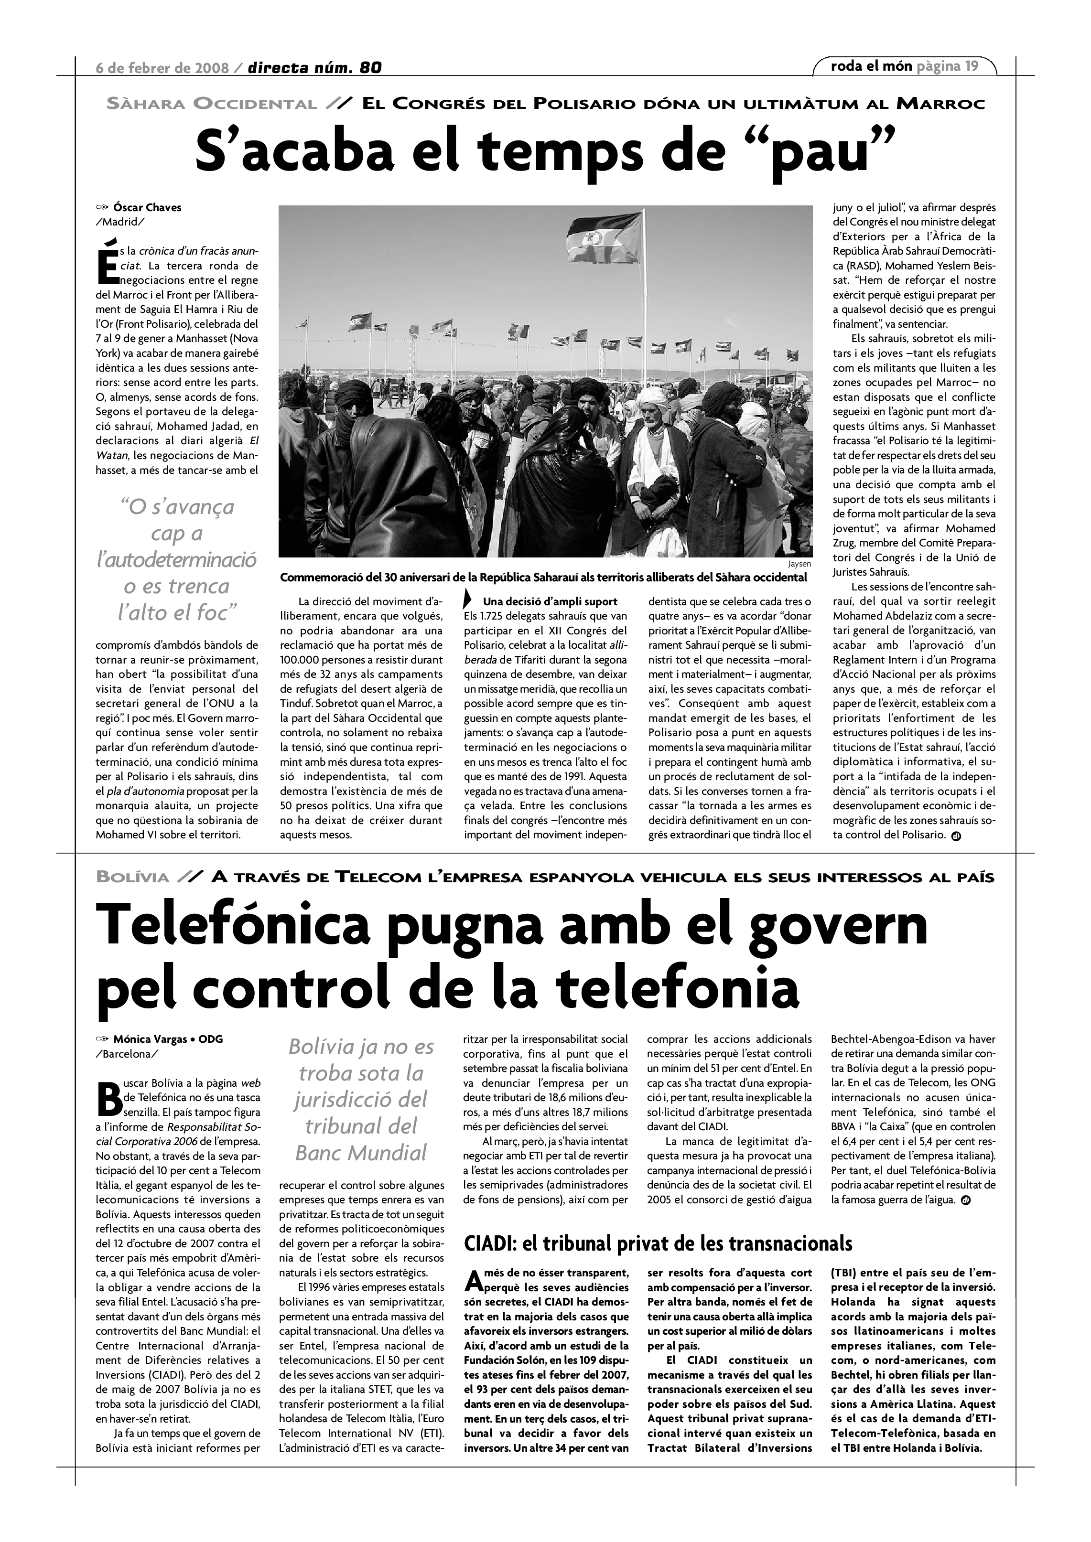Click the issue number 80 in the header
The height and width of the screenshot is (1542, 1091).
pyautogui.click(x=370, y=68)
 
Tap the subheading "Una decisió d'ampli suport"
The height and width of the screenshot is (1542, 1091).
pyautogui.click(x=550, y=601)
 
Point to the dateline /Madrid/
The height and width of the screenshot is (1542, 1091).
pyautogui.click(x=120, y=222)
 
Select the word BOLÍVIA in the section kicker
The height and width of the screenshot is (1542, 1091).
pyautogui.click(x=132, y=877)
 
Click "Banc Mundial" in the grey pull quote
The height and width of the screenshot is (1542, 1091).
pyautogui.click(x=361, y=1153)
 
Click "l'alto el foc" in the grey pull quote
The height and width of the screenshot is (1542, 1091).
pyautogui.click(x=177, y=612)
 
